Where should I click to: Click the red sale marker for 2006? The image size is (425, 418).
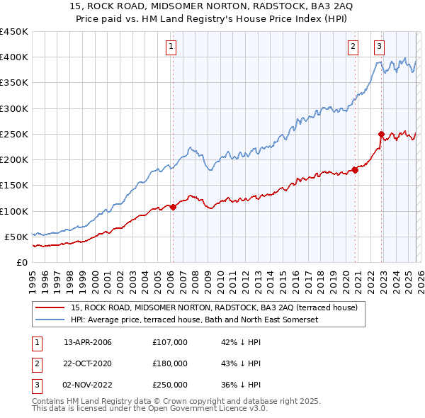[x=173, y=207]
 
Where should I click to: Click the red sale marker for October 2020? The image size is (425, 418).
[x=355, y=170]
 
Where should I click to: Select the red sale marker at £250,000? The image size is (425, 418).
[x=381, y=134]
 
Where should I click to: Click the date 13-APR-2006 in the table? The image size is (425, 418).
[x=88, y=342]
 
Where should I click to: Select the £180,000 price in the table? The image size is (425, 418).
[x=170, y=363]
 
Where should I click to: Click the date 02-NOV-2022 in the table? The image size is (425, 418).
[x=88, y=385]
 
